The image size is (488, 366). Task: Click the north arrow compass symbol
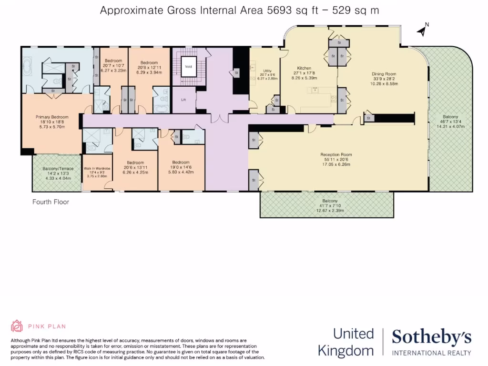coord(422,30)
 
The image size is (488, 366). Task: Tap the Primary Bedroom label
coord(52,117)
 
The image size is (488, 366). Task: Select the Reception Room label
coord(335,154)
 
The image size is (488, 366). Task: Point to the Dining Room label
coord(384,74)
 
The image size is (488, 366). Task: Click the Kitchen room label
coord(304,68)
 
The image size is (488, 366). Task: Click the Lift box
coord(183,101)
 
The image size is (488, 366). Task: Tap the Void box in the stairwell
coord(188,67)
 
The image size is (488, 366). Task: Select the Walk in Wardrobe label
coord(97,169)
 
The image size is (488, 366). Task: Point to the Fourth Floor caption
coord(51,202)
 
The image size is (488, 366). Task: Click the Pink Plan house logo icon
coord(17,326)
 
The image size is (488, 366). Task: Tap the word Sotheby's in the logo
coord(432,337)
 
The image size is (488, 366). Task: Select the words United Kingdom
coord(346,342)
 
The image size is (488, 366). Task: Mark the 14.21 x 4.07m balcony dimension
coord(450,126)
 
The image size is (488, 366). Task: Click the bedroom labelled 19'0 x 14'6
coord(181,162)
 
